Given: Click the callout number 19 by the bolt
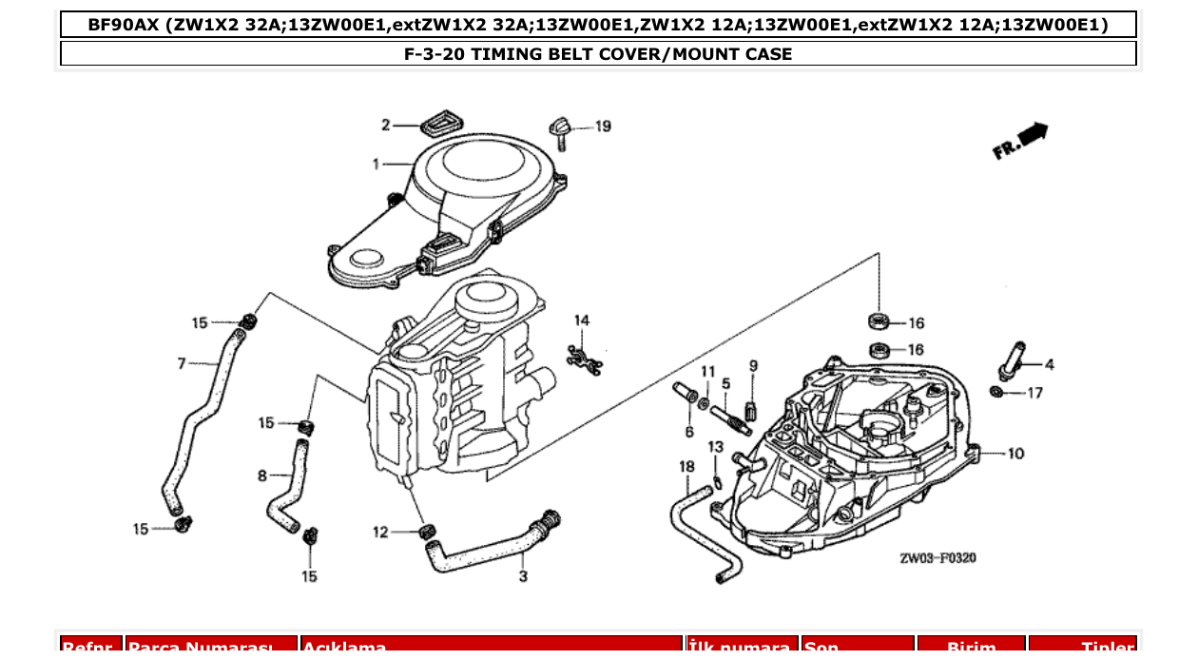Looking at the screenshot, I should (x=603, y=126).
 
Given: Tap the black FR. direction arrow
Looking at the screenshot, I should (x=1020, y=141).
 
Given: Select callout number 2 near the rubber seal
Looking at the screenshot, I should (x=386, y=125).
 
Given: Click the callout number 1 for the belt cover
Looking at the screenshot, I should (x=377, y=165).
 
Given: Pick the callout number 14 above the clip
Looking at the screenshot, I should (x=581, y=320).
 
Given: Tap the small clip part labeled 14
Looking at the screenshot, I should (x=584, y=358).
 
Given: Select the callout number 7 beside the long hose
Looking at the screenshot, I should (x=181, y=362).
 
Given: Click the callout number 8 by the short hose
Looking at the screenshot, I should (x=262, y=476).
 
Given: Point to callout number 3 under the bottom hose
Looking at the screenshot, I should (x=523, y=576).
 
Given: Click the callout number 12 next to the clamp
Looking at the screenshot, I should (x=380, y=533).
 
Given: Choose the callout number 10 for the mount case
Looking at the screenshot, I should (x=1015, y=454).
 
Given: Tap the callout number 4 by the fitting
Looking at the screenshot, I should (x=1049, y=364).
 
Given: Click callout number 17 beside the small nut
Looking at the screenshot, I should (x=1034, y=393).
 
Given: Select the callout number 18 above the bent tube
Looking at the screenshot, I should (x=686, y=466).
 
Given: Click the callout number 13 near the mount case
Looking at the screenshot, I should (x=715, y=446).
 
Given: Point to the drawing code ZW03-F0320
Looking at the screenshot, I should (x=937, y=558).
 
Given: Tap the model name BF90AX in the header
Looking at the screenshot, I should (x=124, y=25).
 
